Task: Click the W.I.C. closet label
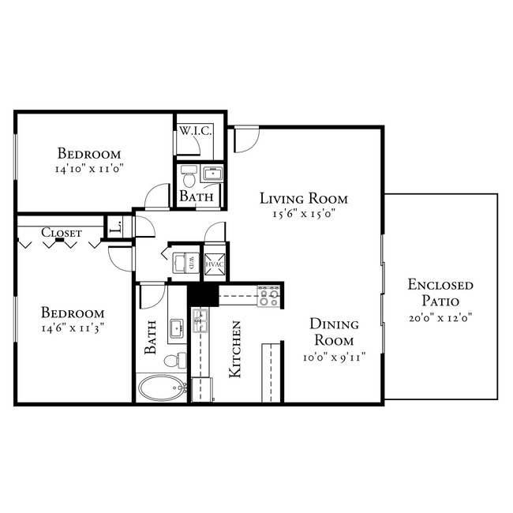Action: point(195,131)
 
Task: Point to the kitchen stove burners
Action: point(269,296)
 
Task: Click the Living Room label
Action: point(304,198)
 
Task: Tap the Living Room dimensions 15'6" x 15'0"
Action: point(304,213)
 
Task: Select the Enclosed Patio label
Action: point(440,292)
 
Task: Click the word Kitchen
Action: point(235,350)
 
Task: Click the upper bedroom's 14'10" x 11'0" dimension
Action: point(91,168)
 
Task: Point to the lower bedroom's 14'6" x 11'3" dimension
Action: point(73,328)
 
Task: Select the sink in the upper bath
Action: point(211,174)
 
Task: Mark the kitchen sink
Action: point(200,320)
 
